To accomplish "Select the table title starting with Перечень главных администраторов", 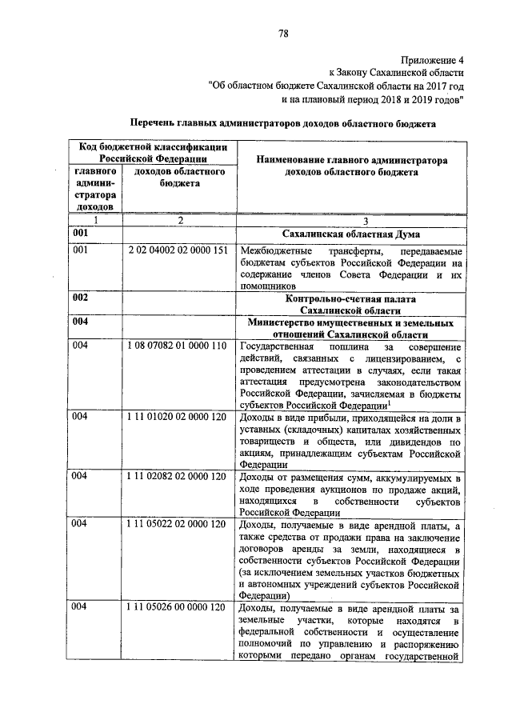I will point(282,125).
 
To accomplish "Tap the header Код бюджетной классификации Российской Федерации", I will point(150,153).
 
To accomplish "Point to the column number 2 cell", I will point(181,220).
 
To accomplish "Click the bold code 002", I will point(79,297).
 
